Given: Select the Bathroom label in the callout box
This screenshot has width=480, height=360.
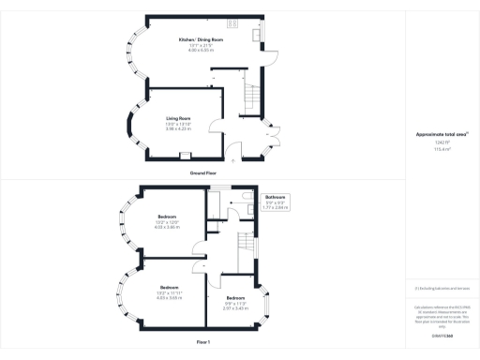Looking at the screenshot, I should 274,197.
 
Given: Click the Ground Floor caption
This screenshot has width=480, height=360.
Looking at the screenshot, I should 202,172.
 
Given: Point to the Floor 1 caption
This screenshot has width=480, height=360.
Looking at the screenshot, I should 202,344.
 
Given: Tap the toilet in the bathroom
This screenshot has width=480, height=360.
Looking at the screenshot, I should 244,196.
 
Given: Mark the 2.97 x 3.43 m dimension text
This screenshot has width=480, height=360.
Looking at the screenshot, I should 235,307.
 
